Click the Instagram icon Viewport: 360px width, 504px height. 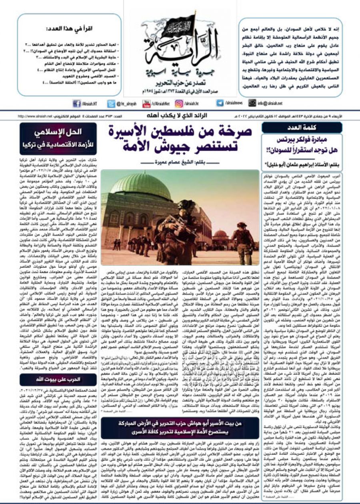179,103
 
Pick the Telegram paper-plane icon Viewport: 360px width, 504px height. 220,103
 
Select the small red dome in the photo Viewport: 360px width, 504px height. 221,233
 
